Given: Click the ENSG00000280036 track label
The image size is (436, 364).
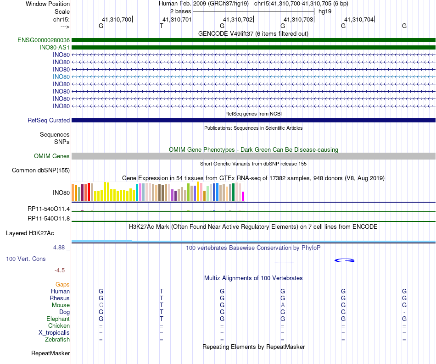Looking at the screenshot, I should click(44, 40).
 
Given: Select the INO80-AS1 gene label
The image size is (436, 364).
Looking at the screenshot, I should click(55, 48).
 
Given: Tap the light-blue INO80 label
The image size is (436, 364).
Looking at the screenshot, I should click(61, 77).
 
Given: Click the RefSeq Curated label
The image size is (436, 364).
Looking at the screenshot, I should click(49, 121).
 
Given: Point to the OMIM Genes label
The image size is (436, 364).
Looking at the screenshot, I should click(52, 156).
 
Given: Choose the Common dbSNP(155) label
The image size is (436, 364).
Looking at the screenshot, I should click(40, 171).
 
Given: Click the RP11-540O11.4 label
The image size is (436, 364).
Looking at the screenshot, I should click(49, 209).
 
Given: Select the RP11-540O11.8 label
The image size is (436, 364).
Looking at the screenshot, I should click(49, 219).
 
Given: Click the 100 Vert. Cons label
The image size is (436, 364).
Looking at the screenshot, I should click(26, 259).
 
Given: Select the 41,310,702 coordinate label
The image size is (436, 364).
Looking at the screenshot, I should click(238, 20).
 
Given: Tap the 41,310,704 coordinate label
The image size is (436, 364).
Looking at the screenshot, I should click(359, 20).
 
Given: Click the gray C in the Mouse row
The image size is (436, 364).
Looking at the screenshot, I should click(101, 305).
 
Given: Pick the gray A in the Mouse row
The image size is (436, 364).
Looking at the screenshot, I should click(283, 305).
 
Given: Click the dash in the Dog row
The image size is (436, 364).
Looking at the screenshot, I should click(404, 312).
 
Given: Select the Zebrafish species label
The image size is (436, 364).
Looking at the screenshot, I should click(57, 340).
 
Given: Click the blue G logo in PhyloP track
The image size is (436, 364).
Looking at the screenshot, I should click(344, 260).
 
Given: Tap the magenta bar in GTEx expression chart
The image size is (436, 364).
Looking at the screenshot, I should click(243, 196).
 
